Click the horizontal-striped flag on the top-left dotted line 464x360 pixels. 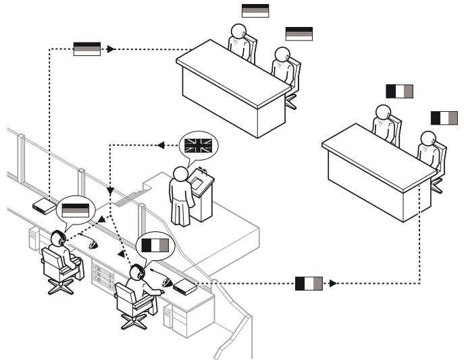point(87,49)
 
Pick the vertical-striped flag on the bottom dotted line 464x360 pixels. point(309,283)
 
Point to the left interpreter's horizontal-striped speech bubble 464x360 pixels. point(75,210)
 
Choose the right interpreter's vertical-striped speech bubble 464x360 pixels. point(155,245)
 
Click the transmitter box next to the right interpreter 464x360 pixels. point(185,288)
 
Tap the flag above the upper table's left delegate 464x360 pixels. point(255,10)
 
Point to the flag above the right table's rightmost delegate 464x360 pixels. point(444,117)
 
